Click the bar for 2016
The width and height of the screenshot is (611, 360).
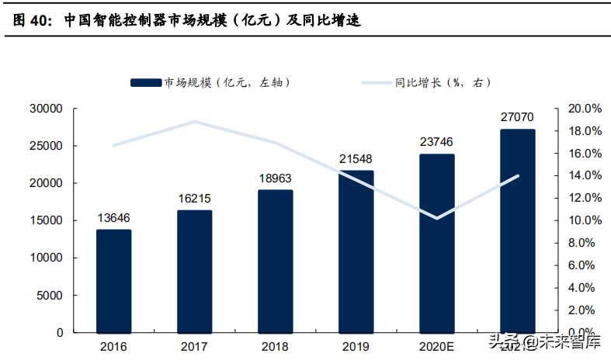coord(113,281)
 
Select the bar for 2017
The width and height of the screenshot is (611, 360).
coord(194,272)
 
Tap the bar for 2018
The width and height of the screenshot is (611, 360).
coord(276,261)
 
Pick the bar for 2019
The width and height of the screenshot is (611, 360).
coord(356,251)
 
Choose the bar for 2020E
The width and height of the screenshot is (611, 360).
coord(436,243)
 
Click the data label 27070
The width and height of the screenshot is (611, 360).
coord(517,117)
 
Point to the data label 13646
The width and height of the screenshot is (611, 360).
coord(113,218)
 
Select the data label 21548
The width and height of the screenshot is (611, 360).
coord(356,159)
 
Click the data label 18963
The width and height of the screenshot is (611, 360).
coord(276,178)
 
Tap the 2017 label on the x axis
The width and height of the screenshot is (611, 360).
coord(194,345)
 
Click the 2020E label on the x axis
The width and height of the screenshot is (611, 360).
coord(436,345)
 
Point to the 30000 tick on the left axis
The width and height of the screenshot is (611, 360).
coord(45,109)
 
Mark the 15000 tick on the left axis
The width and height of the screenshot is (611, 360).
coord(45,220)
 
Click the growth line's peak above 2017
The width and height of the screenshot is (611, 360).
coord(194,122)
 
